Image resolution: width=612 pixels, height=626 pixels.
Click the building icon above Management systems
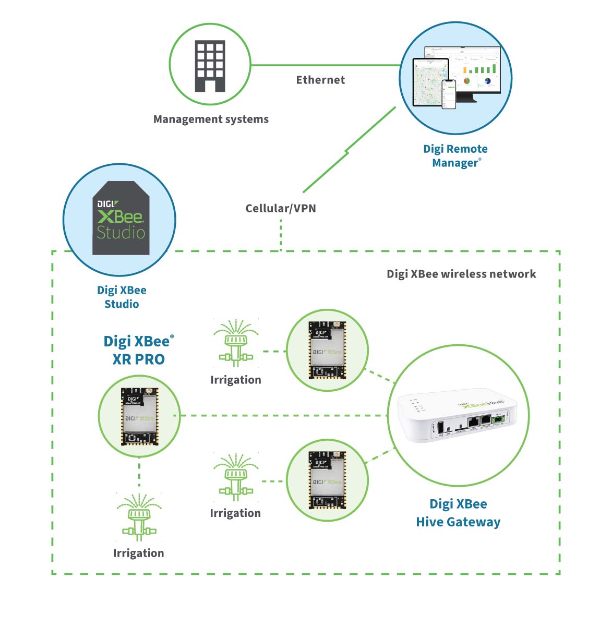click(210, 66)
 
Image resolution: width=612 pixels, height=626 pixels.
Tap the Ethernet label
click(320, 80)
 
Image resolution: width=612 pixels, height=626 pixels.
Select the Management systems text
click(211, 119)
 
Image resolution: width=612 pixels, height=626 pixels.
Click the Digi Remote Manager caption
click(455, 155)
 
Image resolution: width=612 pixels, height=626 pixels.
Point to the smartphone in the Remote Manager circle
click(449, 94)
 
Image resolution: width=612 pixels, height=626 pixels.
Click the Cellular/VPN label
click(281, 208)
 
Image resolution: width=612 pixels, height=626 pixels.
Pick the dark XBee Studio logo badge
click(121, 218)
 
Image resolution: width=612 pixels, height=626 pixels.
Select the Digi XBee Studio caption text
click(122, 297)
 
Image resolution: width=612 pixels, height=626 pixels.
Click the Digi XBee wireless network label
click(461, 274)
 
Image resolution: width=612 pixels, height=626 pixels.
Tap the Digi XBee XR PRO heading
click(138, 350)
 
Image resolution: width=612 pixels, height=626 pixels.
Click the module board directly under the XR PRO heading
click(139, 416)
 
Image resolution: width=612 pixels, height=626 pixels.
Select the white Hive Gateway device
click(457, 418)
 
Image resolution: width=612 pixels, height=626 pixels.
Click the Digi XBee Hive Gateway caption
click(458, 513)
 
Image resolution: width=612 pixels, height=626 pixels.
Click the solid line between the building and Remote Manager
click(323, 66)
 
